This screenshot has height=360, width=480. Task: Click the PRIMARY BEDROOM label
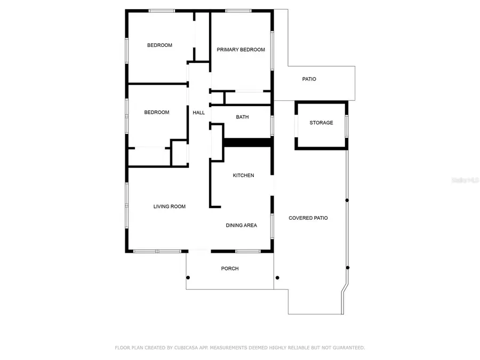tap(241, 50)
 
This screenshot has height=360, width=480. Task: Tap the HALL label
tap(198, 113)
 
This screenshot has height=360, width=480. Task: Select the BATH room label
tap(242, 117)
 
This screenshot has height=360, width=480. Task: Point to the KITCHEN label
tap(243, 175)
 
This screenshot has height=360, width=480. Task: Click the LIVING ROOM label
tap(170, 206)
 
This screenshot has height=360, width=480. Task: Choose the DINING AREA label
tap(241, 226)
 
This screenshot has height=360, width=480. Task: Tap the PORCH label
tap(230, 268)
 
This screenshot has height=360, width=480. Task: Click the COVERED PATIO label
tap(308, 218)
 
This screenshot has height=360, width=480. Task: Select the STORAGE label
tap(321, 123)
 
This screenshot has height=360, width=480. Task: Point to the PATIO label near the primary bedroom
tap(309, 79)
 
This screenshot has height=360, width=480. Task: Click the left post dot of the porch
tap(188, 277)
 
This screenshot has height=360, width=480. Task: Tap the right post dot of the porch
tap(277, 277)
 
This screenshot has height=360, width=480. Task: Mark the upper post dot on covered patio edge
tap(347, 200)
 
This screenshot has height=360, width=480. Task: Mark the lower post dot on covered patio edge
tap(348, 268)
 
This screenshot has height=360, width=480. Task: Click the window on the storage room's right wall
tap(347, 125)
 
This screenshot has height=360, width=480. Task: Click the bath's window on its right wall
tap(272, 126)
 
